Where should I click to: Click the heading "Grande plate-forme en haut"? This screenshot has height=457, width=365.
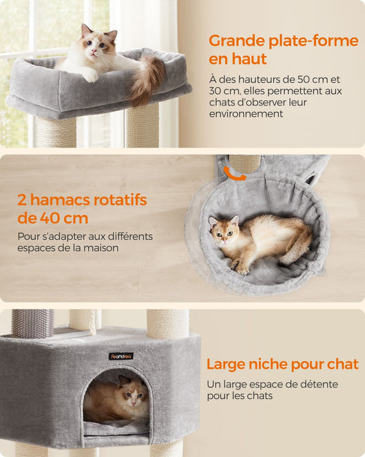tap(283, 50)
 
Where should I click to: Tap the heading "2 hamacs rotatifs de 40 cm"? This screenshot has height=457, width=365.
tap(82, 209)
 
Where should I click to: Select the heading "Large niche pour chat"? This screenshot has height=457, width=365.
tap(282, 364)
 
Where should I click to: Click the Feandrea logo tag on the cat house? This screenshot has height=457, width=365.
tap(121, 356)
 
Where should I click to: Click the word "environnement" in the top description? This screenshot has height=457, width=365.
tap(246, 114)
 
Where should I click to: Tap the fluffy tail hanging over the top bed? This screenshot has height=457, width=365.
tap(146, 80)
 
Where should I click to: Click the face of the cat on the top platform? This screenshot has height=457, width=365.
tap(97, 45)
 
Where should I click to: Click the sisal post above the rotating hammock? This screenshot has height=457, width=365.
tap(244, 164)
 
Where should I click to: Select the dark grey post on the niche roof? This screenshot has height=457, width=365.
tap(32, 323)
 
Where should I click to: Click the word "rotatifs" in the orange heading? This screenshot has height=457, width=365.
tap(120, 200)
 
